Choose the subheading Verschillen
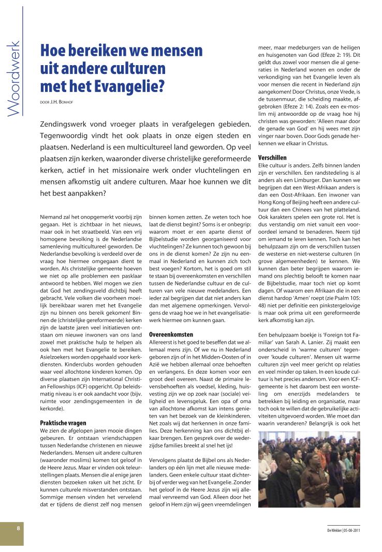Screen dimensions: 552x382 pos(272,157)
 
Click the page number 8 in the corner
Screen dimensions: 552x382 pos(18,528)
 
